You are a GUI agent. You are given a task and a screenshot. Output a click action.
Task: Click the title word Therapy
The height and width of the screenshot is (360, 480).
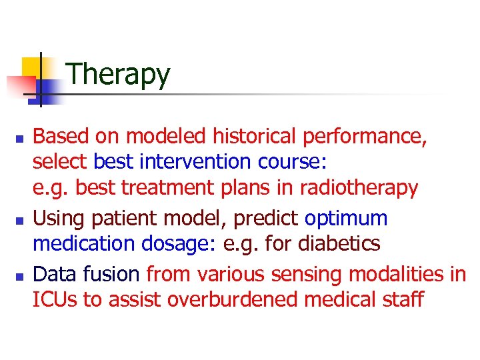119,74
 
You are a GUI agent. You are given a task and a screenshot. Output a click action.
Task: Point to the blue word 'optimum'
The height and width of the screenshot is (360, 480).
346,219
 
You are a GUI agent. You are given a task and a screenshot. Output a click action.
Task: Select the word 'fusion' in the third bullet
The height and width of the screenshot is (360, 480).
114,273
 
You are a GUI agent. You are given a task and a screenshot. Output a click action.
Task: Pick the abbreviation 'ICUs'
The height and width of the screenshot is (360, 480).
56,300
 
